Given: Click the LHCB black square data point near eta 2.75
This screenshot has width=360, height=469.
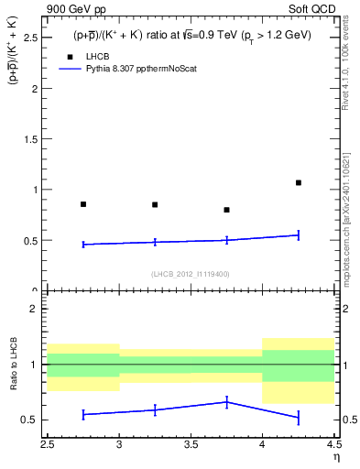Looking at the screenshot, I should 83,204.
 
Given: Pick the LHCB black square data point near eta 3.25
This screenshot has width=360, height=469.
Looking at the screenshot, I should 155,204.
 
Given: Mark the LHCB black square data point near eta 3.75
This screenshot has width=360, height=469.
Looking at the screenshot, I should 226,210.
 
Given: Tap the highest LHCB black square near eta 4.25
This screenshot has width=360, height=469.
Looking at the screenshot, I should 299,182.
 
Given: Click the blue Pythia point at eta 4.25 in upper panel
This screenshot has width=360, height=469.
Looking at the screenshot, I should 299,235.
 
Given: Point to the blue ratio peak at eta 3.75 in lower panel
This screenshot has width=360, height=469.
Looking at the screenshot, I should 226,402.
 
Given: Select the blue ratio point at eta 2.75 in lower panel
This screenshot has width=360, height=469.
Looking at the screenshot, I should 83,414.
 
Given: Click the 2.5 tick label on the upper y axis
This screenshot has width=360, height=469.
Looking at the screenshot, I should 29,38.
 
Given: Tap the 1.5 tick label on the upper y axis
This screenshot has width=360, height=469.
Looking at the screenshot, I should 29,139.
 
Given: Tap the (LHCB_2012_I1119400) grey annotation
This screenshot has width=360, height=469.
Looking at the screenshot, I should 191,274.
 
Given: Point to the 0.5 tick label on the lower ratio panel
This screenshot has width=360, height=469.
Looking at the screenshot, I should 29,420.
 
